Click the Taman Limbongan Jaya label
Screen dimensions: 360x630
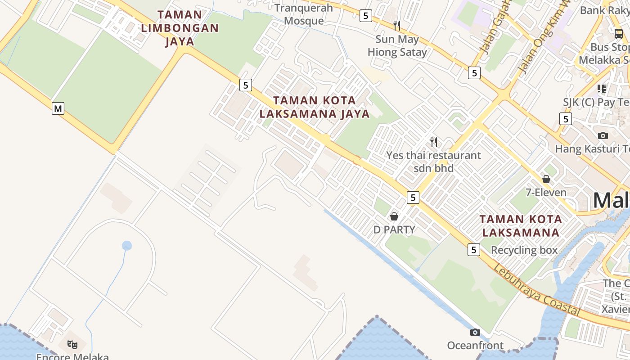coord(180,28)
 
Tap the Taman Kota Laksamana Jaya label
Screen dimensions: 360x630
coord(314,107)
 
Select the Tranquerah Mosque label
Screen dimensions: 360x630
coord(304,14)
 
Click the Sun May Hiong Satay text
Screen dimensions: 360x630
coord(397,45)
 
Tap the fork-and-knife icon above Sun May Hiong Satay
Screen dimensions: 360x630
coord(397,25)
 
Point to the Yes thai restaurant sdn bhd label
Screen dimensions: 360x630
coord(434,162)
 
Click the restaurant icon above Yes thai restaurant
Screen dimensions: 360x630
coord(434,142)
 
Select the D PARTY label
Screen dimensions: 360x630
coord(394,229)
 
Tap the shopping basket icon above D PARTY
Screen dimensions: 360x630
coord(394,216)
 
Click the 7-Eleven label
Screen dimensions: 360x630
coord(546,193)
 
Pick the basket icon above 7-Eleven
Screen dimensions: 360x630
coord(546,179)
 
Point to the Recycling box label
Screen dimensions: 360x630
coord(524,250)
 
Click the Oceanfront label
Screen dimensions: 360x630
coord(475,346)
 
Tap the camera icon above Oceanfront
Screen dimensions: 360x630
coord(475,333)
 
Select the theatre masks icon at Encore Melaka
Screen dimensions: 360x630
coord(72,345)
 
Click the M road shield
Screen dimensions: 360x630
coord(58,108)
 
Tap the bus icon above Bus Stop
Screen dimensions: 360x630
coord(619,33)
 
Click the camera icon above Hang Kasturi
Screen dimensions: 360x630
coord(603,135)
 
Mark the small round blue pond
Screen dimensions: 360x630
coord(127,246)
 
